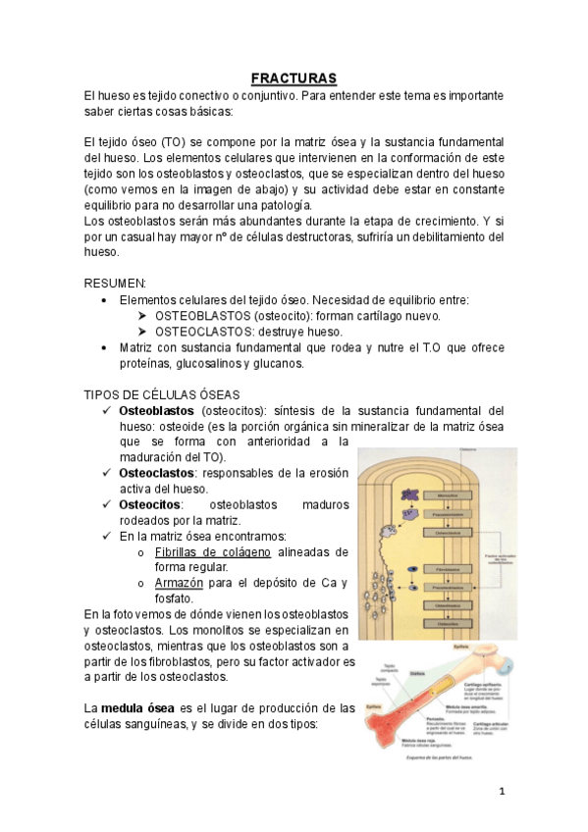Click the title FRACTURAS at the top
[294, 78]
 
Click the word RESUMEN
[115, 283]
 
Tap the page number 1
[501, 791]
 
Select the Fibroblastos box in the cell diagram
[447, 569]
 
